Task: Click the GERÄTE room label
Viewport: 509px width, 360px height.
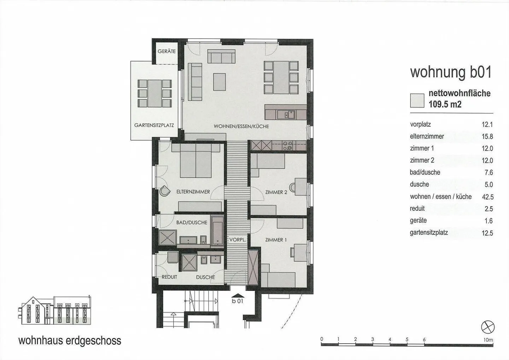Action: tap(166, 51)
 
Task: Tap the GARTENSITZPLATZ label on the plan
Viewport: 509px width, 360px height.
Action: tap(154, 126)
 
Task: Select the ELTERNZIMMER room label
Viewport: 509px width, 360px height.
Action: tap(193, 192)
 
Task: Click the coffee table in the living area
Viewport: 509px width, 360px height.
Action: tap(220, 82)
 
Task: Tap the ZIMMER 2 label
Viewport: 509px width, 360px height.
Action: tap(276, 192)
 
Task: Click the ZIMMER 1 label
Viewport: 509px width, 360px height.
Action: tap(276, 240)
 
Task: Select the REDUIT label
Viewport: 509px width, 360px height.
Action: tap(169, 277)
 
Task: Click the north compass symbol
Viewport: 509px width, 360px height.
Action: tap(488, 327)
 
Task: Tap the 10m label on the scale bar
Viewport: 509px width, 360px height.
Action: tap(488, 340)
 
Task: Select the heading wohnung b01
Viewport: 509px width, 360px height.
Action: tap(451, 72)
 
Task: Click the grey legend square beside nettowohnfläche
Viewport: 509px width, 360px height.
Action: tap(417, 100)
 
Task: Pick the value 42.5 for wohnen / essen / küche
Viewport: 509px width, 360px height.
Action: tap(487, 197)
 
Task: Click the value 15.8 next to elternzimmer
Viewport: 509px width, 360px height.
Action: tap(487, 137)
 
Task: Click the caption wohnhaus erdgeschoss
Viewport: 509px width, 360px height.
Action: tap(70, 341)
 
